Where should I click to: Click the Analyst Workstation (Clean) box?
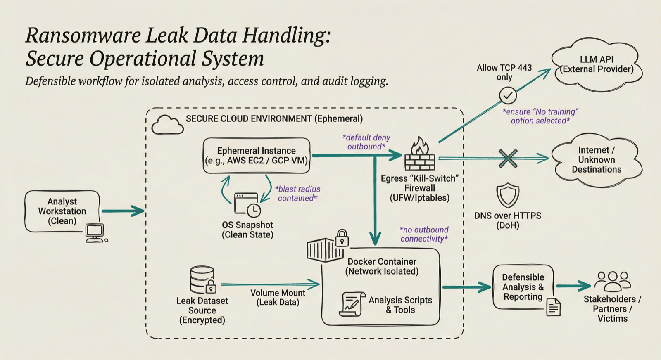click(62, 211)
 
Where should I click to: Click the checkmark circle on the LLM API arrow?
click(508, 96)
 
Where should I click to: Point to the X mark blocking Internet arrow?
click(508, 158)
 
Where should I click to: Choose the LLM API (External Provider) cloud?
click(597, 64)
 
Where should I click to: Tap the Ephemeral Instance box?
click(256, 156)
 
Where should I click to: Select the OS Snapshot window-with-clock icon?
click(247, 204)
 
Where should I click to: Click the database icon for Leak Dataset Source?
click(202, 280)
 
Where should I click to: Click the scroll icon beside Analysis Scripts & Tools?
click(352, 305)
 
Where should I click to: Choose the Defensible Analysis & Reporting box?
click(523, 287)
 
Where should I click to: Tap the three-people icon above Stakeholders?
click(613, 282)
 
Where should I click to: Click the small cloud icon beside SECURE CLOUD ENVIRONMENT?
click(167, 125)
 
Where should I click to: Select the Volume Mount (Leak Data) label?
click(278, 297)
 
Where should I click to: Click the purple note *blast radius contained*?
click(297, 194)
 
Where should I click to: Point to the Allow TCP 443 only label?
click(504, 72)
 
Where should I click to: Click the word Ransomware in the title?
click(83, 35)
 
